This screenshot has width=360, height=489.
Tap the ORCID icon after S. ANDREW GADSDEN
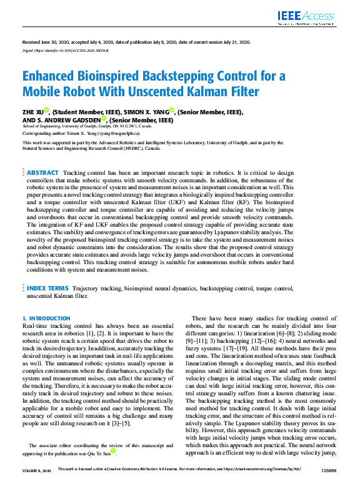[x=105, y=119]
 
